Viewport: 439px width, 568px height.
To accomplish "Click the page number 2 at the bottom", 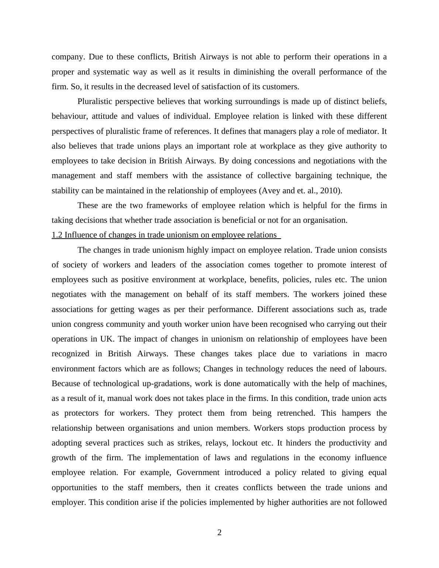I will [219, 532].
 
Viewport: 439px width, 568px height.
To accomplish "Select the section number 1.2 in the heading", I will [57, 235].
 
